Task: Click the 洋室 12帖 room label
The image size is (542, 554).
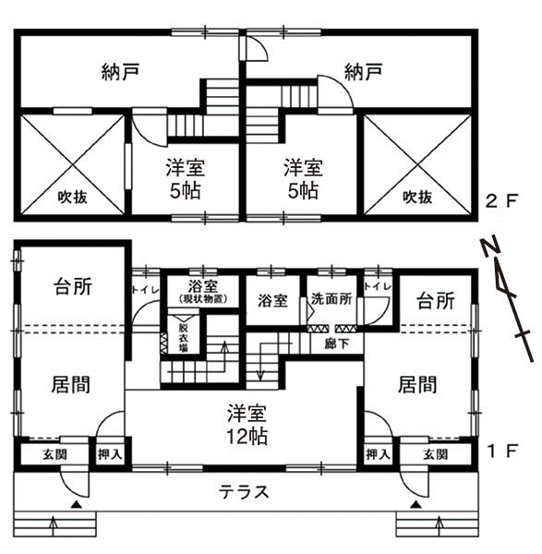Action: click(x=247, y=425)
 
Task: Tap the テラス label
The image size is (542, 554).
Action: click(x=244, y=492)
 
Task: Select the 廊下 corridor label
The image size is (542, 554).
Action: click(x=337, y=343)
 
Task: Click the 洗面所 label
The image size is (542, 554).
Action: click(x=331, y=299)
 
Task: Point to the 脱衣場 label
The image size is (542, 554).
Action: click(x=184, y=338)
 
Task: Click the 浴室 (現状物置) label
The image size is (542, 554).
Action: click(x=203, y=291)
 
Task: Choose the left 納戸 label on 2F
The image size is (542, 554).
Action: click(x=120, y=72)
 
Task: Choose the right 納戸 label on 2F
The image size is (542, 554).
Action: click(x=364, y=72)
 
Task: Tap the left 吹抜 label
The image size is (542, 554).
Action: click(x=73, y=198)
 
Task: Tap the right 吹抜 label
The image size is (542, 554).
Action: click(x=417, y=198)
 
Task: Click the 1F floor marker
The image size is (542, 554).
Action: click(x=502, y=451)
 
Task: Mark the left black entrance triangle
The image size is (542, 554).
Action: click(x=77, y=504)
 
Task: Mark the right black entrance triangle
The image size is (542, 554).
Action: click(x=417, y=504)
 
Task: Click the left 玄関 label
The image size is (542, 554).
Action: click(x=54, y=454)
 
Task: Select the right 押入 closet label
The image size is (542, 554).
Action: click(x=378, y=454)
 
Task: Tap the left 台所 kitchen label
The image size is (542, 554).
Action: click(x=73, y=286)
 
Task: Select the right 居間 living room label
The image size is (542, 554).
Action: click(x=417, y=384)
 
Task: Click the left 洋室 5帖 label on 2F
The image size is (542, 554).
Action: click(x=186, y=179)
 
